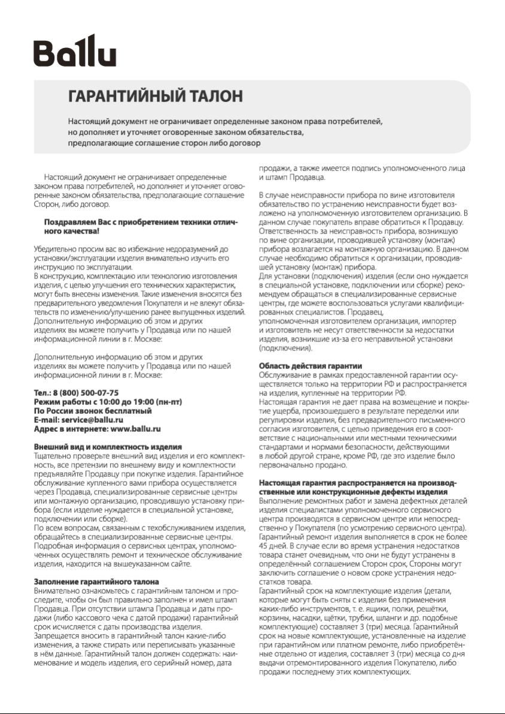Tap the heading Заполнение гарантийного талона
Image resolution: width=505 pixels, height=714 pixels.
pos(96,582)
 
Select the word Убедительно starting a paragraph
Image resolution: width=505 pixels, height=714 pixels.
pos(53,248)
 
